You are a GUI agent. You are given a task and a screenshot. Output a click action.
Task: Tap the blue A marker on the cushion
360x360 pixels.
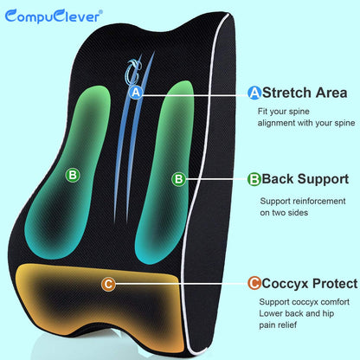pyautogui.click(x=135, y=92)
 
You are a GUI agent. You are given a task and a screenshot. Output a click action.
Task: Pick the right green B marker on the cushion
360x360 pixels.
pyautogui.click(x=178, y=179)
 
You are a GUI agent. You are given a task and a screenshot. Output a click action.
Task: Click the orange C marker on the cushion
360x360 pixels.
pyautogui.click(x=107, y=283)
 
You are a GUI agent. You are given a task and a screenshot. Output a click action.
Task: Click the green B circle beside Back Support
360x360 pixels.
pyautogui.click(x=254, y=179)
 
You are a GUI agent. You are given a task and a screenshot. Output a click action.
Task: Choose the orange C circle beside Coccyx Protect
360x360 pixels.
pyautogui.click(x=254, y=283)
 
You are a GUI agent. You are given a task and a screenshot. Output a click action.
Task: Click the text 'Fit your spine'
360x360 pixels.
pyautogui.click(x=286, y=111)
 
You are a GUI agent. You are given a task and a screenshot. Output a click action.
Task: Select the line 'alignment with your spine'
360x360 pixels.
pyautogui.click(x=306, y=124)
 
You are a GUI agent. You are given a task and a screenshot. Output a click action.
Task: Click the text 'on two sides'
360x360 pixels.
pyautogui.click(x=286, y=213)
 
